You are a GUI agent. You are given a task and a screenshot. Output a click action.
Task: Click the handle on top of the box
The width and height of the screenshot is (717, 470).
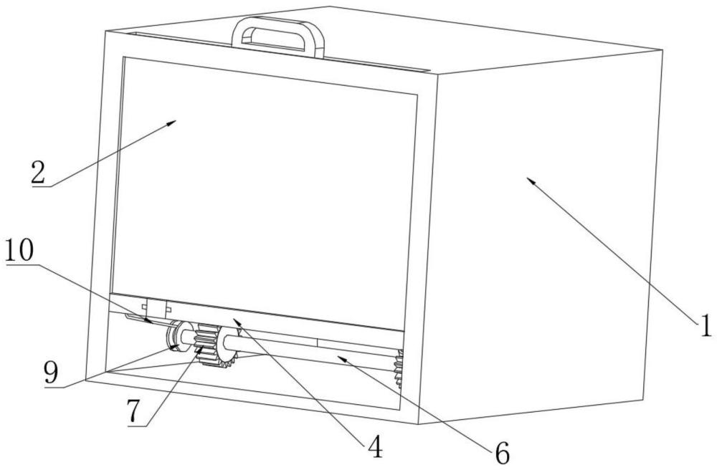coord(277,29)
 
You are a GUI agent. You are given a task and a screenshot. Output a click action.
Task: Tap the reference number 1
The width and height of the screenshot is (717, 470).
coord(706,325)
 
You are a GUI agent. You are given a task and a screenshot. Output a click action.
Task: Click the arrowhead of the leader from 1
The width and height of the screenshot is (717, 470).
coord(529,179)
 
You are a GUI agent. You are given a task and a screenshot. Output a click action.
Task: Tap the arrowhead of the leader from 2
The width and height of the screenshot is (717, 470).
coord(174,123)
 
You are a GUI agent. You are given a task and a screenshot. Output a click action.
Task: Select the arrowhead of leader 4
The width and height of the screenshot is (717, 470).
coord(232,320)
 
